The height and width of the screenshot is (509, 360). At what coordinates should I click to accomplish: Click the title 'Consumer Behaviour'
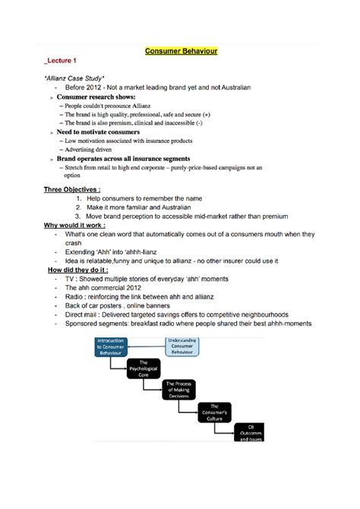pos(180,52)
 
